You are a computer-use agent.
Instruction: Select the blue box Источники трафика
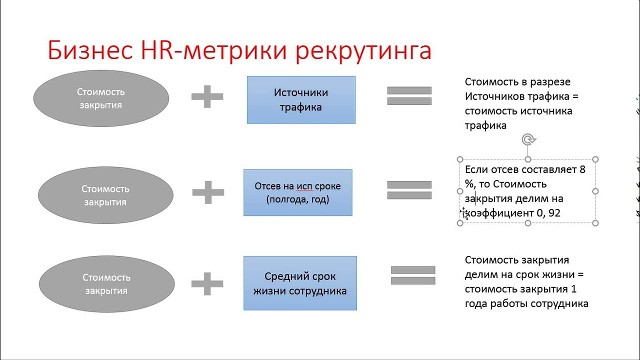pyautogui.click(x=301, y=99)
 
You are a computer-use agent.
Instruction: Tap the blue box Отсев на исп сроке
pyautogui.click(x=298, y=192)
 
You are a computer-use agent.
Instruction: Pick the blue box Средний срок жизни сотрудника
pyautogui.click(x=300, y=283)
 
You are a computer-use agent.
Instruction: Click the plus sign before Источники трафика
pyautogui.click(x=207, y=96)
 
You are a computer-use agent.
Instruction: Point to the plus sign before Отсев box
pyautogui.click(x=208, y=192)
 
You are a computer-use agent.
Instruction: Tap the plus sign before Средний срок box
pyautogui.click(x=207, y=283)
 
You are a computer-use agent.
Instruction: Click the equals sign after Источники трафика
pyautogui.click(x=409, y=96)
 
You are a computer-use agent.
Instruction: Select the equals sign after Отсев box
pyautogui.click(x=409, y=190)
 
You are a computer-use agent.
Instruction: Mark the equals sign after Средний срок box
pyautogui.click(x=413, y=275)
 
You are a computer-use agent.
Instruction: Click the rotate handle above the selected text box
pyautogui.click(x=528, y=139)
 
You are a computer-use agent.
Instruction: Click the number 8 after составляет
pyautogui.click(x=582, y=169)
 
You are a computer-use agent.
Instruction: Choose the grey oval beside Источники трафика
pyautogui.click(x=101, y=98)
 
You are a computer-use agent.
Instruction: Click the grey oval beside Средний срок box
pyautogui.click(x=106, y=283)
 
